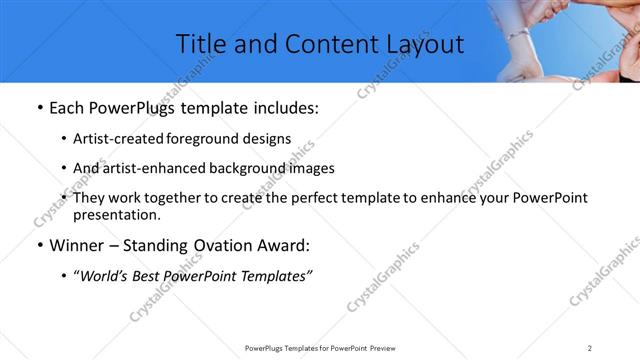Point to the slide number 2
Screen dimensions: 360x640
coord(590,348)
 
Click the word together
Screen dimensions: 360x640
coord(191,198)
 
